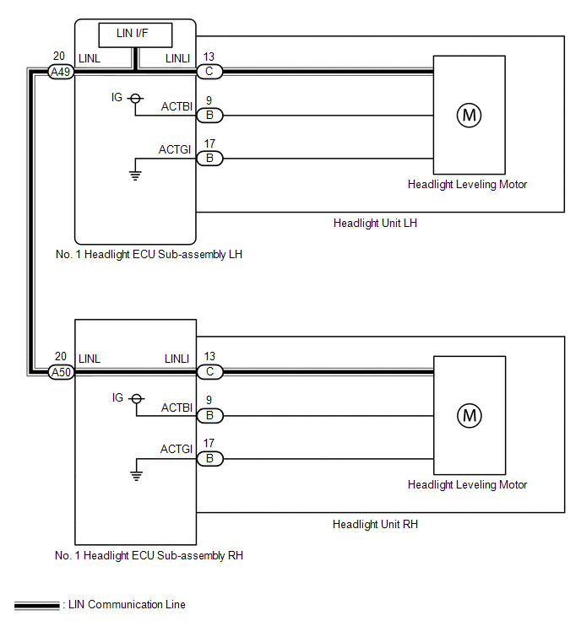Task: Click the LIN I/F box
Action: point(135,35)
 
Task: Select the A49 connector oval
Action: point(61,72)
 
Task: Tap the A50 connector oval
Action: point(61,372)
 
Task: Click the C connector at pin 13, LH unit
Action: point(209,72)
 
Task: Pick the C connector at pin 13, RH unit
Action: point(209,372)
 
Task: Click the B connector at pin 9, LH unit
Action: point(209,116)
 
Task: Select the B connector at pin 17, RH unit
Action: point(209,459)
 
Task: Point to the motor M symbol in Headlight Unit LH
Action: point(469,116)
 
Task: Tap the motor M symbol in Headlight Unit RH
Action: point(470,416)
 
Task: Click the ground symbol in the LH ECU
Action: point(135,175)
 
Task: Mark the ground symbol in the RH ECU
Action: point(137,476)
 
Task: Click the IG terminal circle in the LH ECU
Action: point(135,99)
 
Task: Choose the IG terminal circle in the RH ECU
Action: point(137,398)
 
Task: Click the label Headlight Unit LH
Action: point(375,224)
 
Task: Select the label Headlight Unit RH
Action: point(375,525)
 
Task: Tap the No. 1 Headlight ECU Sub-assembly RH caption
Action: point(149,556)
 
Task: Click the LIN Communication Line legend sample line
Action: point(36,606)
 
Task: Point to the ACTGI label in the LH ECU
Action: point(175,150)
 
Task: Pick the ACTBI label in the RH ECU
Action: point(176,408)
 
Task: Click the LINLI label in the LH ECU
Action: point(177,59)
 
